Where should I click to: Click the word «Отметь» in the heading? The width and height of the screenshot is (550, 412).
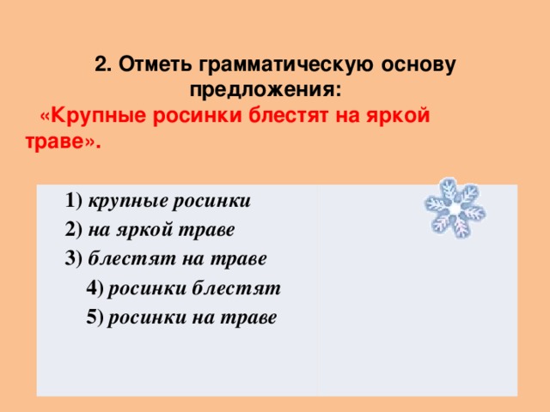(x=155, y=64)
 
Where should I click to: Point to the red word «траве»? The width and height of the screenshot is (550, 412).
(x=60, y=141)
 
